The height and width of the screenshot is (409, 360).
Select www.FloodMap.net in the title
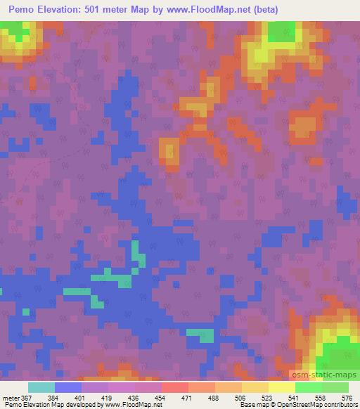click(x=210, y=10)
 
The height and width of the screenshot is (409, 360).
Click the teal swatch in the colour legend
click(x=41, y=387)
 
